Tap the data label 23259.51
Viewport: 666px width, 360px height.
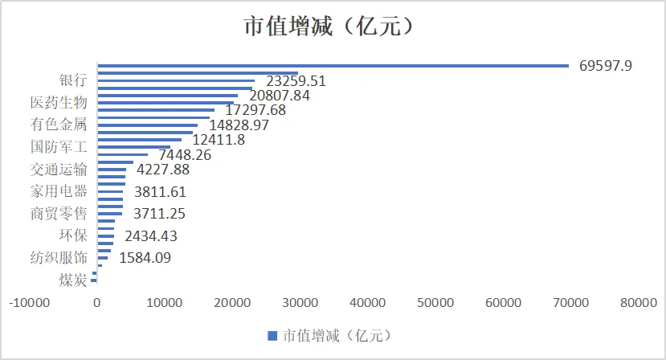pos(296,80)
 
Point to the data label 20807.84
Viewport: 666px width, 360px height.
pos(280,95)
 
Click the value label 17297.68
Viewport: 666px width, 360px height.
pos(257,110)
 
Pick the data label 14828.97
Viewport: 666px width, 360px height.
pos(239,125)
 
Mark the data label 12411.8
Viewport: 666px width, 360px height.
pos(219,140)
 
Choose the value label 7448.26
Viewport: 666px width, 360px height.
pos(185,155)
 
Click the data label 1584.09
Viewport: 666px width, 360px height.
pos(145,258)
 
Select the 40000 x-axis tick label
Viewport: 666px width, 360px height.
pos(368,303)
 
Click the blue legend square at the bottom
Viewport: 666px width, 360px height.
pos(272,335)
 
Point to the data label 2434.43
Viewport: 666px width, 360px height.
pos(151,236)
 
